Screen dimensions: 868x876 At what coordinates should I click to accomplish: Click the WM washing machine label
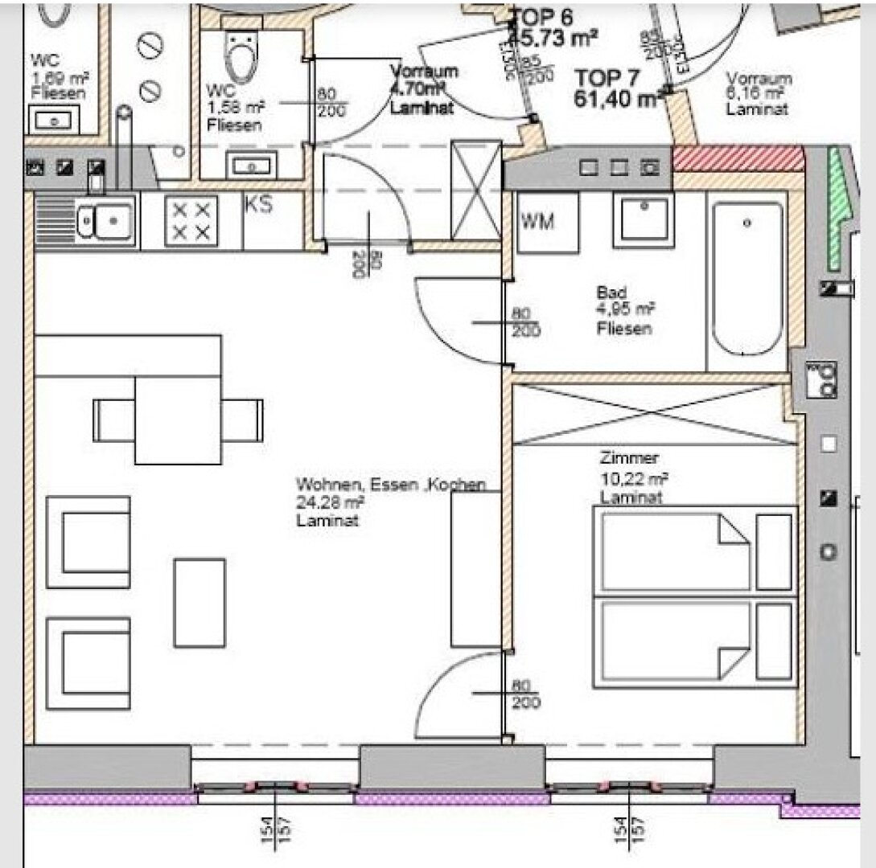[x=538, y=222]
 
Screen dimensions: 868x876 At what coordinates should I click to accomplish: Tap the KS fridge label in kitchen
[x=258, y=205]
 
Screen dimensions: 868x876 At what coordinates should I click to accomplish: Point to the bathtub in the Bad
[x=747, y=278]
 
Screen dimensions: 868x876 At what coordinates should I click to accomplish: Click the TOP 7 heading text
[x=607, y=79]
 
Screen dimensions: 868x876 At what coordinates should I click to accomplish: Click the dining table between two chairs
[x=178, y=420]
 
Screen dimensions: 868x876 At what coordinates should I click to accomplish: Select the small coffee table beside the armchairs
[x=199, y=603]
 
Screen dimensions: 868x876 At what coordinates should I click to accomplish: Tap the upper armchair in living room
[x=88, y=542]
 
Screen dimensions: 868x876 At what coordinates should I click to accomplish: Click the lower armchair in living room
[x=88, y=663]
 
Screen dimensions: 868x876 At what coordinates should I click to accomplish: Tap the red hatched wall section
[x=738, y=158]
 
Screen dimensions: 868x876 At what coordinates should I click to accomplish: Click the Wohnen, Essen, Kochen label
[x=391, y=485]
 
